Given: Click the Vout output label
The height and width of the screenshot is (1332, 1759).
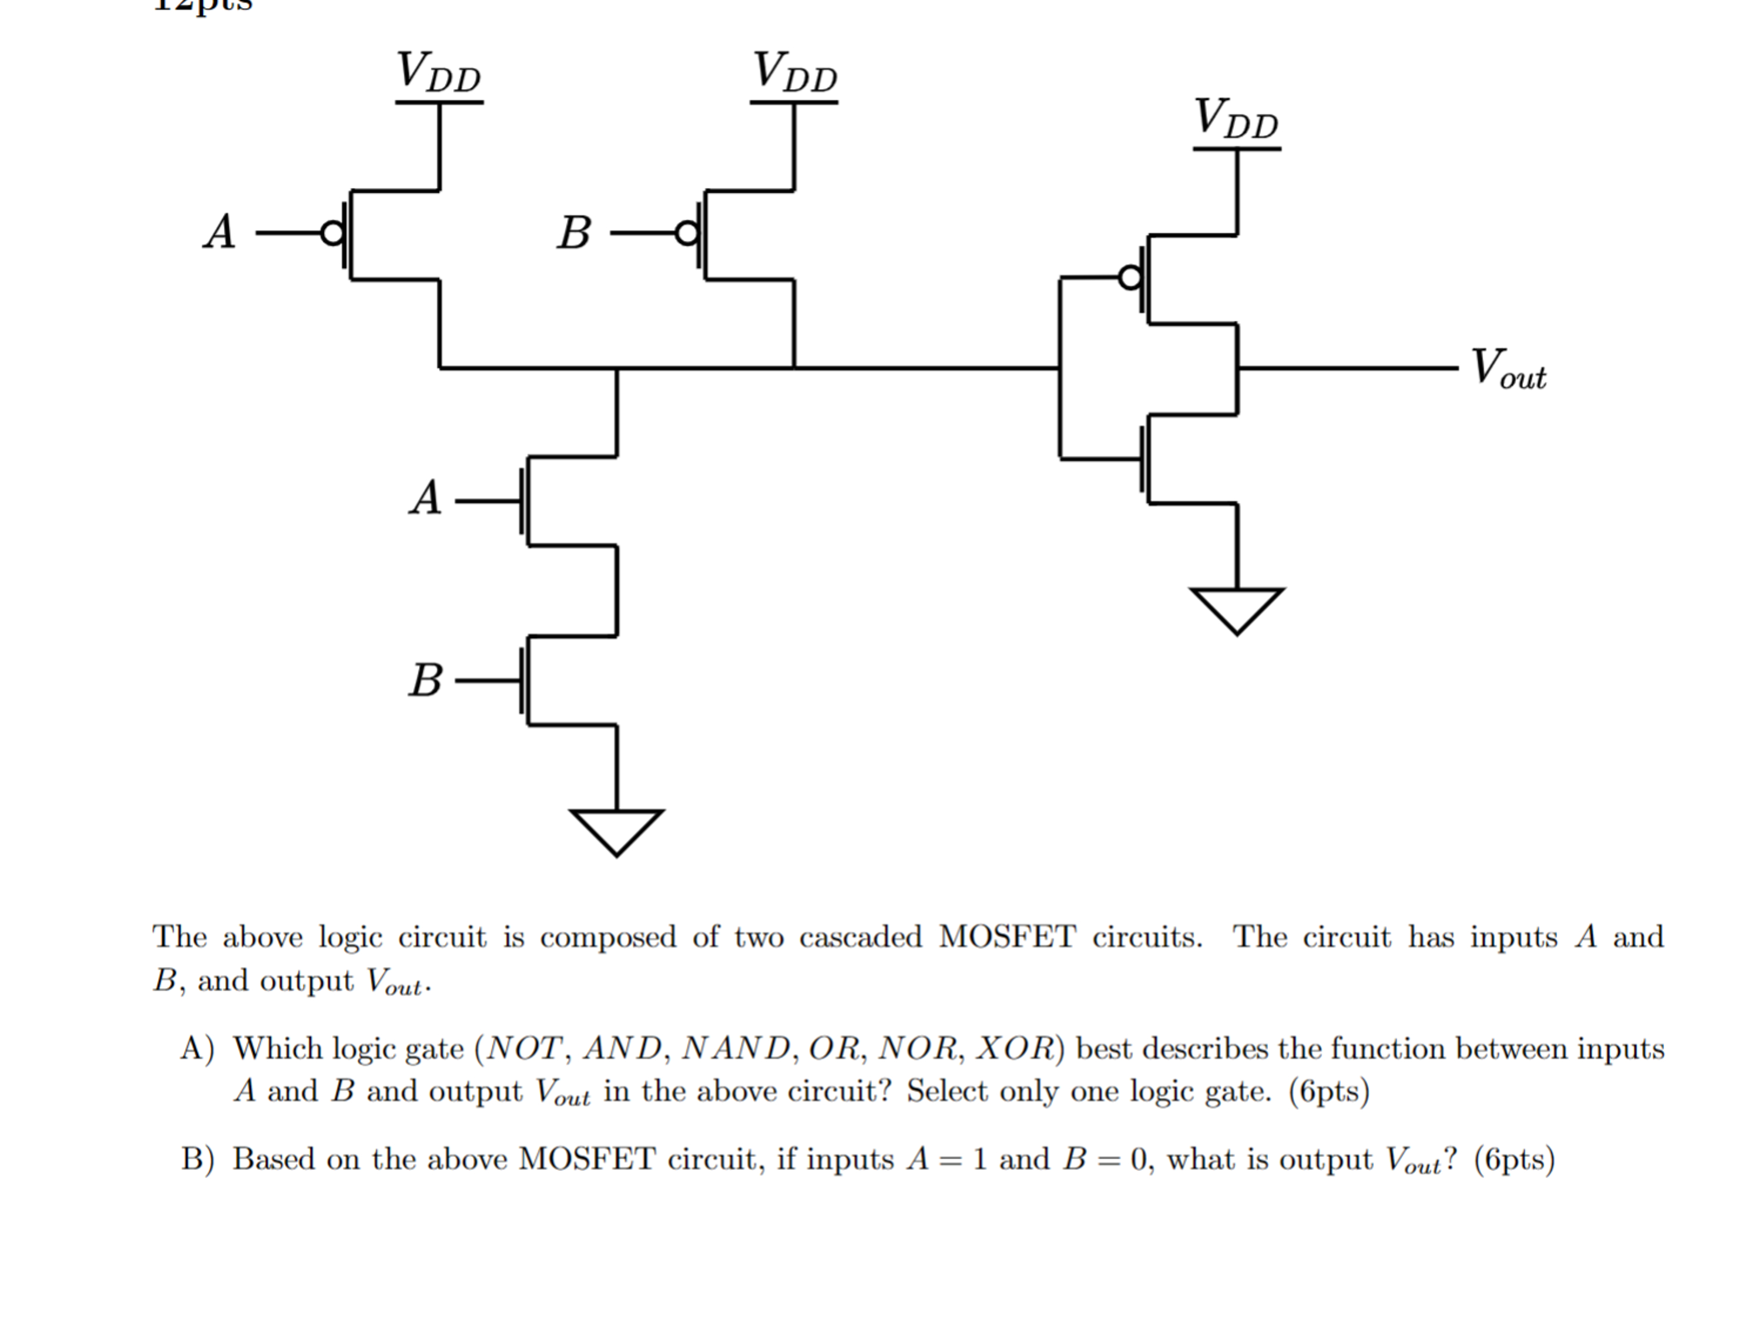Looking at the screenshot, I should tap(1507, 370).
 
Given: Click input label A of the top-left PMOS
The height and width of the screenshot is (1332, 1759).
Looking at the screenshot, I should tap(220, 233).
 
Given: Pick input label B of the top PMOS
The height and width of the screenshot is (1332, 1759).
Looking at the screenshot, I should tap(573, 234).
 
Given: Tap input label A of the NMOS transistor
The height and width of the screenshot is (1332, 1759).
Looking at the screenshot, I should tap(425, 499).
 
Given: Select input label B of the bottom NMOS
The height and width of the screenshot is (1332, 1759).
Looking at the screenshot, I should tap(425, 681).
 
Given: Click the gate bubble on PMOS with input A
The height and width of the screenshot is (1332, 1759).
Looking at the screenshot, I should tap(333, 234).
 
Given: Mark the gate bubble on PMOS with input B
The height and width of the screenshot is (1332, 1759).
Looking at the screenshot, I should tap(687, 234).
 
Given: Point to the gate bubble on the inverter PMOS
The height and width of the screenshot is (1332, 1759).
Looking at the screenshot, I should tap(1130, 279).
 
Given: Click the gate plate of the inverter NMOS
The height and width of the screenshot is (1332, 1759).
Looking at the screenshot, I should tap(1143, 459).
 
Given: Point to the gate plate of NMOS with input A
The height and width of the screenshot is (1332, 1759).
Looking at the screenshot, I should tap(522, 501).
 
